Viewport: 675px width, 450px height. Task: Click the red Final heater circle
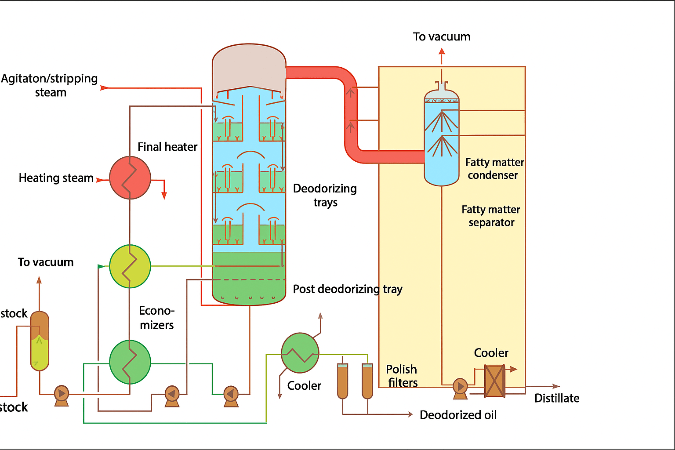[130, 178]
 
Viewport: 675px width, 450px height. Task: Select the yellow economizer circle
[130, 266]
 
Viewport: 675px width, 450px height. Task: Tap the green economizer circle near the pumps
[130, 362]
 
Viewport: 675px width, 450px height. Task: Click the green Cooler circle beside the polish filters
[300, 353]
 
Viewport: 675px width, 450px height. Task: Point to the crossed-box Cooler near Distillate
[494, 381]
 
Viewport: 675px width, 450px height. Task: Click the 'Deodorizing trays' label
[325, 195]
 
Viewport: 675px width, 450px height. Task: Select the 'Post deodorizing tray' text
[348, 289]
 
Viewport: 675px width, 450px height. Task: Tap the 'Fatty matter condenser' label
[494, 169]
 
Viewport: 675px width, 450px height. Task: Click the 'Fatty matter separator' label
[491, 216]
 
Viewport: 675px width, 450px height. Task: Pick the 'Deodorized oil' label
[458, 415]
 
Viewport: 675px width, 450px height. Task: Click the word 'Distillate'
[556, 398]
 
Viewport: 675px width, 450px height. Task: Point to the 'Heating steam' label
[56, 178]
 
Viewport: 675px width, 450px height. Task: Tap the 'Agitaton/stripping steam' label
[50, 85]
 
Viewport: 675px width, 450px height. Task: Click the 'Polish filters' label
[402, 376]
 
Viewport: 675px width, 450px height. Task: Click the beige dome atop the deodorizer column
[249, 66]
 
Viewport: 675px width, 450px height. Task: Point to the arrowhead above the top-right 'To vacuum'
[442, 51]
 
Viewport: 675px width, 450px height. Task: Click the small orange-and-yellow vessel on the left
[40, 341]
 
